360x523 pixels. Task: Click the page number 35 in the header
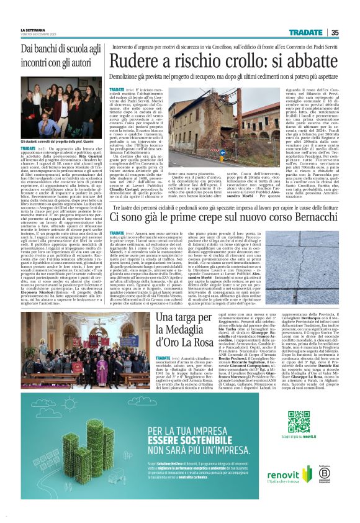(x=335, y=33)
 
